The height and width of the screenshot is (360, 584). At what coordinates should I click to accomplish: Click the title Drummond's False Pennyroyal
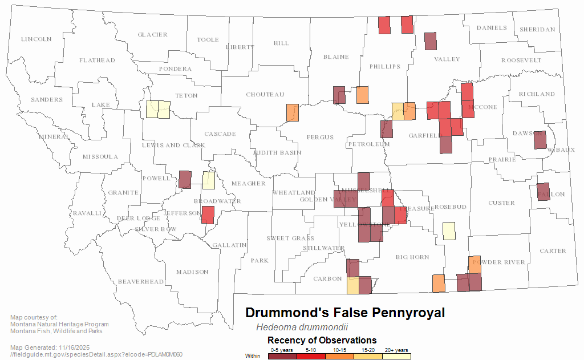click(344, 313)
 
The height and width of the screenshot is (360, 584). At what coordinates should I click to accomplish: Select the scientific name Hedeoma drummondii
click(302, 327)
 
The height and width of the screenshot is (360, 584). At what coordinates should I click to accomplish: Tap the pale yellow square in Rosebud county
click(449, 230)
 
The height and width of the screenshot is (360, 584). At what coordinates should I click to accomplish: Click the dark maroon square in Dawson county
click(540, 139)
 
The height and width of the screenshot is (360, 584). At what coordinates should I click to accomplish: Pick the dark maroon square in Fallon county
click(543, 192)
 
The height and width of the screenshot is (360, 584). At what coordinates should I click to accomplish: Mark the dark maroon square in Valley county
click(431, 42)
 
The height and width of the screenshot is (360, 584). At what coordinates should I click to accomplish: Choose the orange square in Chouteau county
click(293, 112)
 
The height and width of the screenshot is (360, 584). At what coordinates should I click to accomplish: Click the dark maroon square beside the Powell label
click(185, 179)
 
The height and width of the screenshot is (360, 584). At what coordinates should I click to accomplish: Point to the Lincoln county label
click(36, 39)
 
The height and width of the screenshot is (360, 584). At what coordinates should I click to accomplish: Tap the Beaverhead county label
click(133, 282)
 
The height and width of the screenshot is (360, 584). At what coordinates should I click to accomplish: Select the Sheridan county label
click(537, 30)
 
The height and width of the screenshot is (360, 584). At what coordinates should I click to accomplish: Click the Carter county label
click(553, 251)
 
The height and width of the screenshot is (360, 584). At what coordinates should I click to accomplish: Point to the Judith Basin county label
click(277, 153)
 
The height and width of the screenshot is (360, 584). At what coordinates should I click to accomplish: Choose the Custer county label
click(501, 203)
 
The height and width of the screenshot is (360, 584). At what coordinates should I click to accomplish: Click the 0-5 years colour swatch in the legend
click(282, 356)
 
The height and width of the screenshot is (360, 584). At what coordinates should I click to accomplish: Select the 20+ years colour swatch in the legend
click(396, 356)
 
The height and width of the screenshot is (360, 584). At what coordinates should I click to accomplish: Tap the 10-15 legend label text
click(339, 349)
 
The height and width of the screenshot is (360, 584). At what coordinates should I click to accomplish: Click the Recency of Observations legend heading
click(322, 340)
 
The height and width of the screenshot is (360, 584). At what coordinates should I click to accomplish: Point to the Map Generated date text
click(50, 347)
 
